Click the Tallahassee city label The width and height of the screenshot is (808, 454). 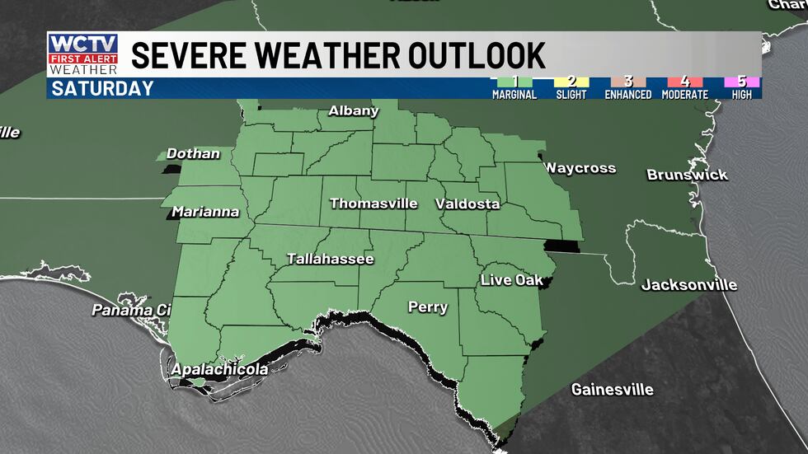tap(330, 259)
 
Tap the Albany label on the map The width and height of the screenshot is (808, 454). tap(353, 110)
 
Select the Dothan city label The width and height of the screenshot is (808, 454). tap(193, 153)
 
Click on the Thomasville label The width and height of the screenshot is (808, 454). tap(373, 203)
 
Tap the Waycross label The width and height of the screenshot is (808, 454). tap(580, 168)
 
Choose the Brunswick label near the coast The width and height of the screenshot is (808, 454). tap(687, 175)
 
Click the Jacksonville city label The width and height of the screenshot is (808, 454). tap(689, 285)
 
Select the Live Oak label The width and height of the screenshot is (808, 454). tap(511, 280)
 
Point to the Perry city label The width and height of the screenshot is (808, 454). tap(427, 307)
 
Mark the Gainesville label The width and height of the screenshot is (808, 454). tap(612, 389)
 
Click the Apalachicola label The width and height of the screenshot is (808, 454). tap(218, 370)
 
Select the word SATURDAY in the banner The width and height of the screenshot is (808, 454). tap(102, 88)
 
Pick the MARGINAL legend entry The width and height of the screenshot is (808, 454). tap(515, 88)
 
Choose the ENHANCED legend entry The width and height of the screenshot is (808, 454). tap(627, 88)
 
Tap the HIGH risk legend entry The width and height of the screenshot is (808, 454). tap(742, 88)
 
